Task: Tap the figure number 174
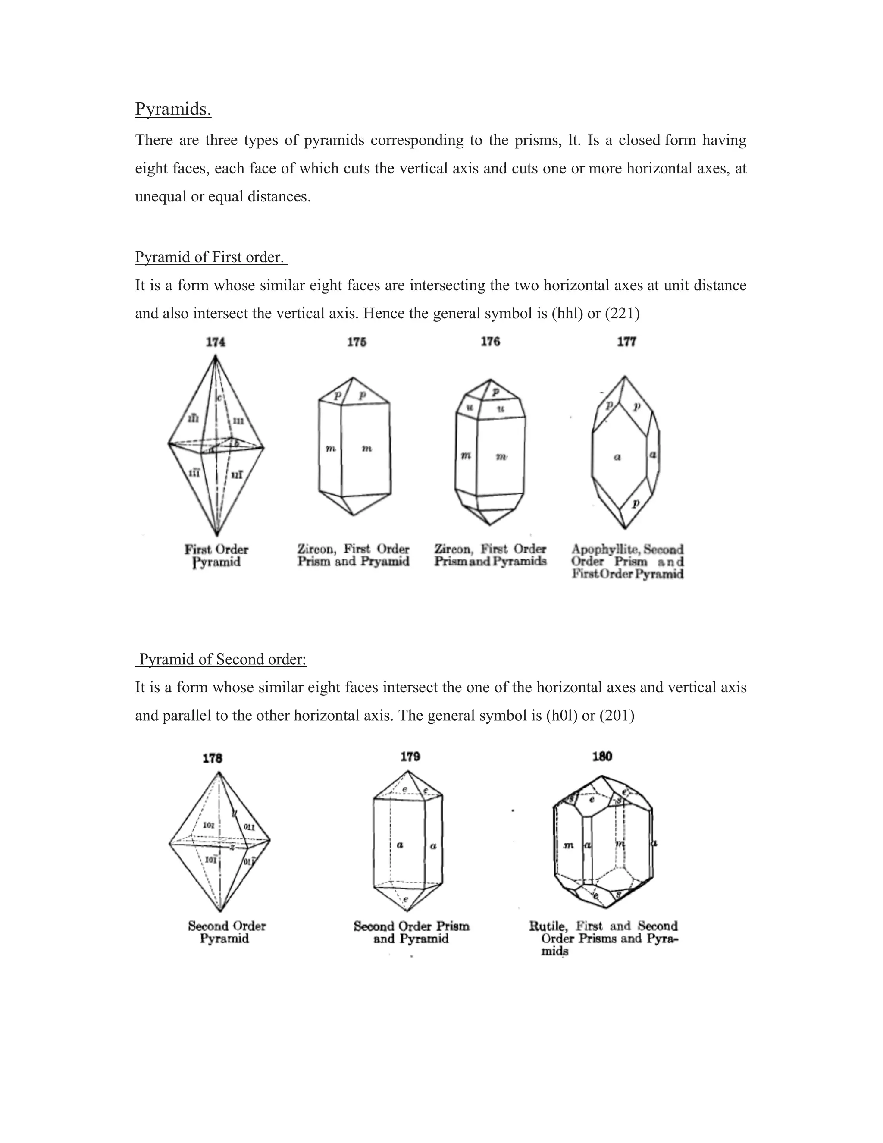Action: coord(216,342)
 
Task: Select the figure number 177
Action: coord(626,342)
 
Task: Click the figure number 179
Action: coord(410,757)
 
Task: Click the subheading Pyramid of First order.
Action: coord(211,257)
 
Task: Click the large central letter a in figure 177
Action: coord(617,457)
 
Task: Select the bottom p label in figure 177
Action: coord(636,503)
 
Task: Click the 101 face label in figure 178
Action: coord(209,825)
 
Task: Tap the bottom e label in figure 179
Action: coord(405,899)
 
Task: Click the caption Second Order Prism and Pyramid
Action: coord(411,933)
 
